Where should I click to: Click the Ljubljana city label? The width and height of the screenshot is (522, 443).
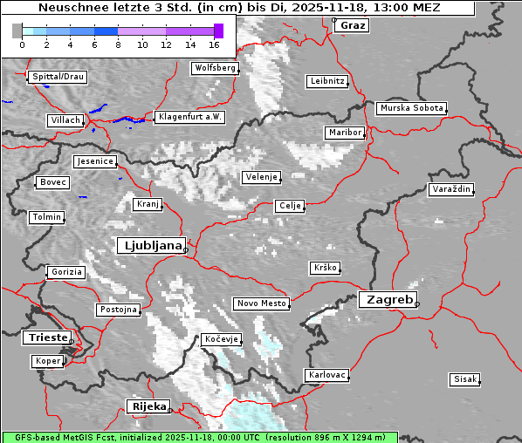coord(150,246)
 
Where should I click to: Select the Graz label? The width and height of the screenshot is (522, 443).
coord(353,25)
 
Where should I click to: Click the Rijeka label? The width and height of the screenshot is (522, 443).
coord(148,406)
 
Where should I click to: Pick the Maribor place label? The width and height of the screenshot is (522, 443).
coord(344,133)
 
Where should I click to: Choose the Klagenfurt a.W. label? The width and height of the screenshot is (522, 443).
coord(189,117)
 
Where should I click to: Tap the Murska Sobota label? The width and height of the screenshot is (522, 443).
coord(411,109)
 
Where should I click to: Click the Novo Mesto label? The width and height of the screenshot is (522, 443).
coord(261,303)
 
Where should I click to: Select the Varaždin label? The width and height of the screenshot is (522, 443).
coord(451,189)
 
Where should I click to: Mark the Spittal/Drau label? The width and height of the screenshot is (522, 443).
coord(58,77)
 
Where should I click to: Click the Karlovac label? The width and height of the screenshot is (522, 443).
coord(327,375)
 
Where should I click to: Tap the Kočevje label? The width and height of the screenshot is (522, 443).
coord(221,338)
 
